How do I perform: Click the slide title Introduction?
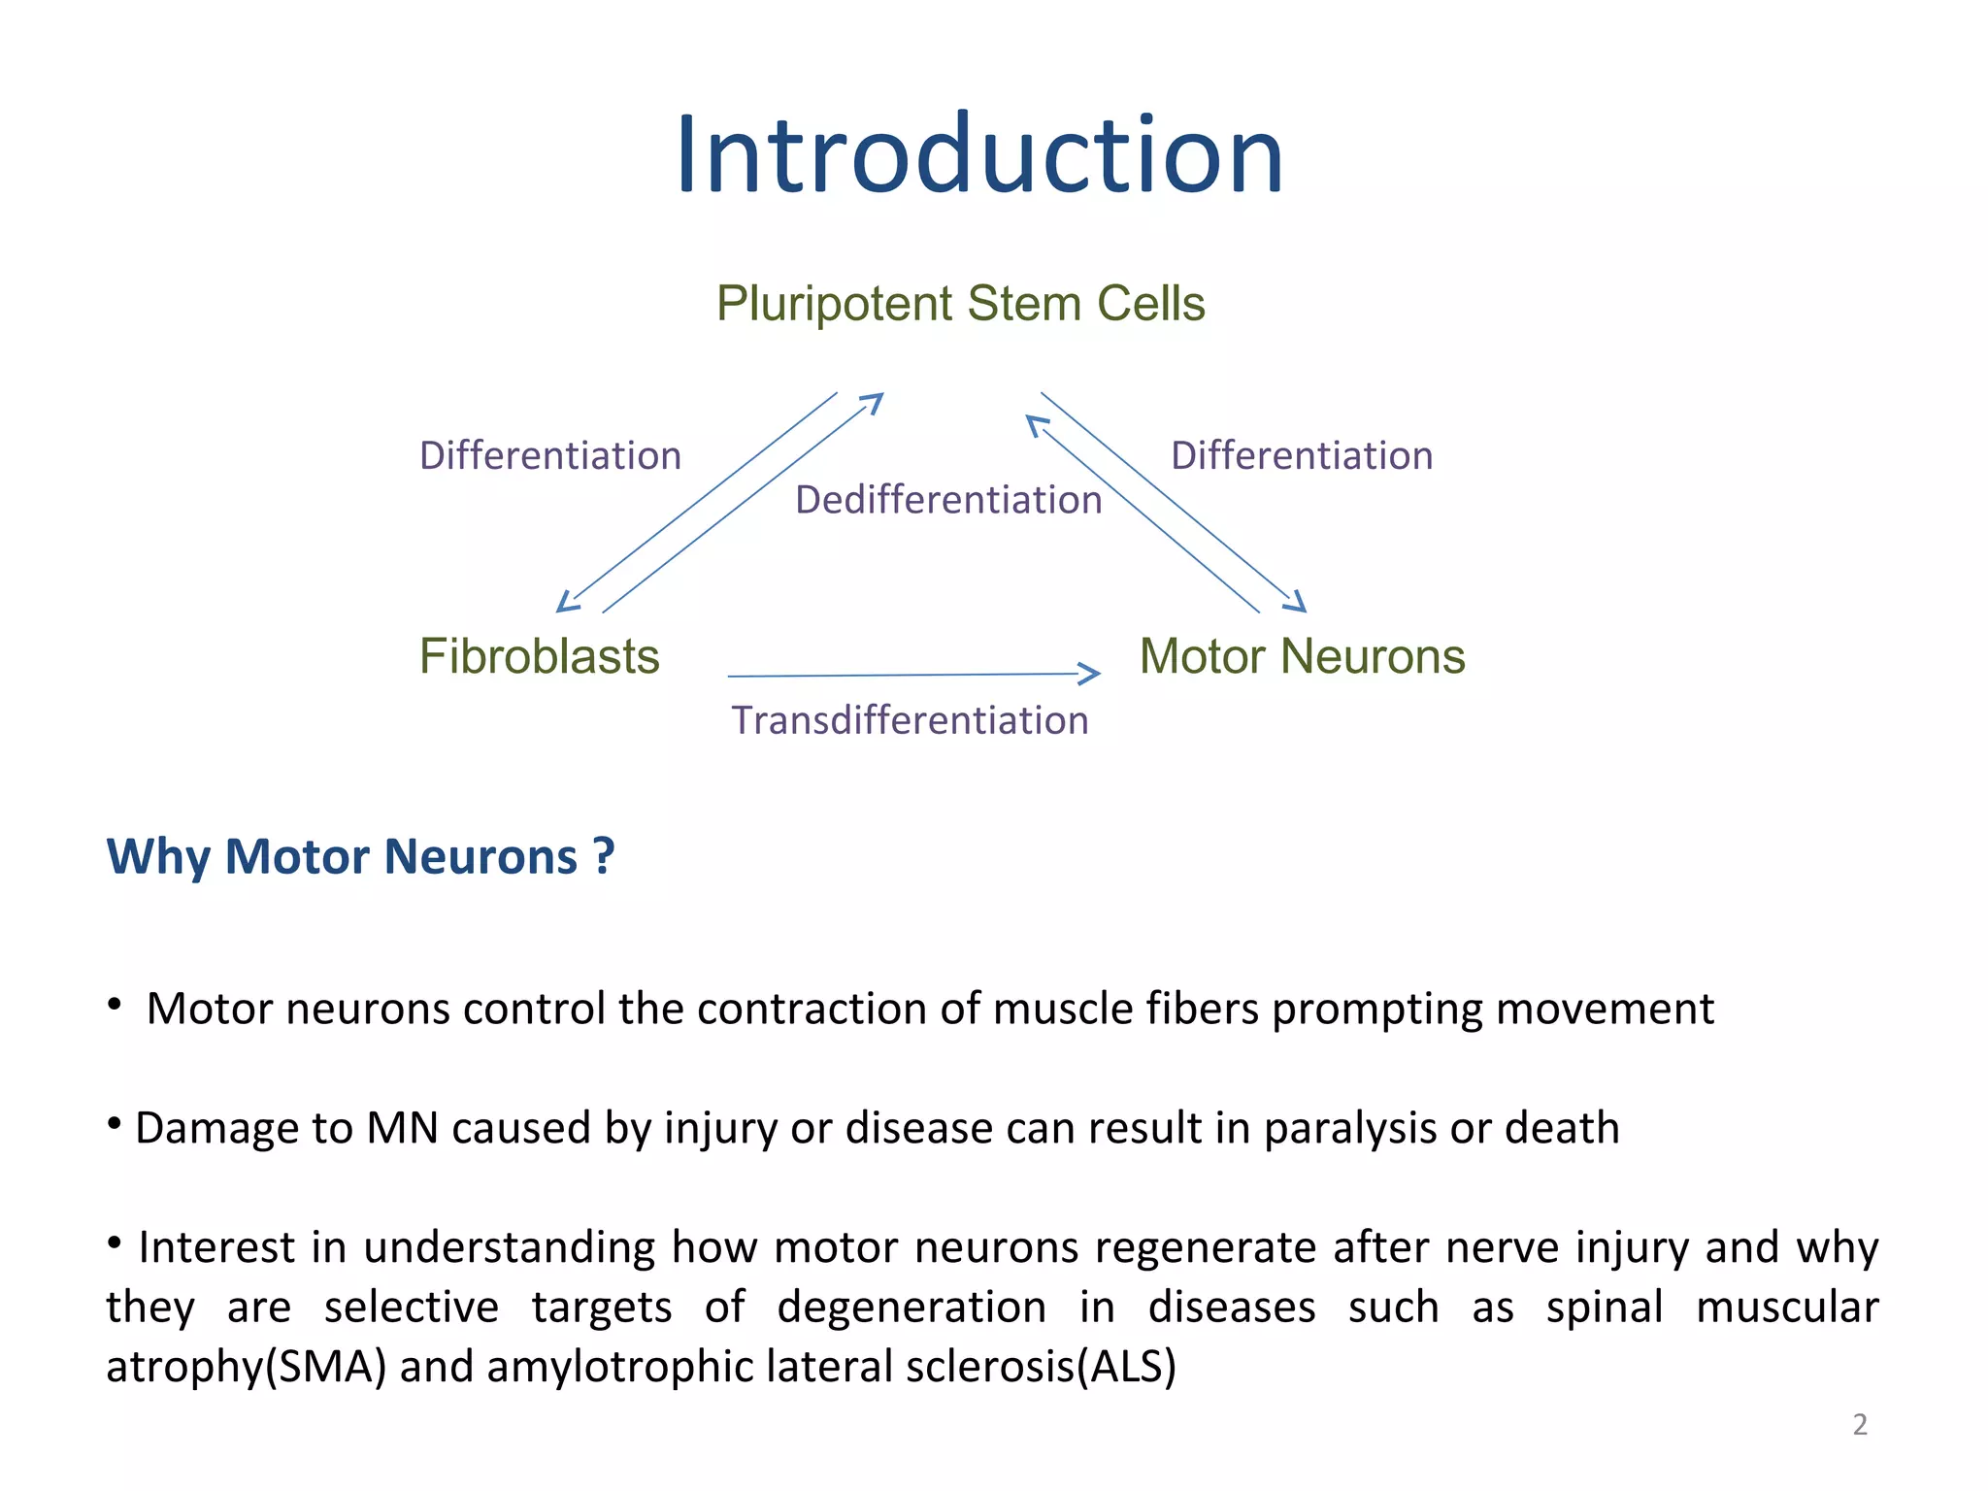click(x=979, y=155)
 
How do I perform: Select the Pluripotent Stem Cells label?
click(x=960, y=304)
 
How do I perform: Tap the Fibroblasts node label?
click(x=539, y=656)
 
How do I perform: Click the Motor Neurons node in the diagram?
click(x=1302, y=656)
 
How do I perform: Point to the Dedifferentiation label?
click(x=948, y=501)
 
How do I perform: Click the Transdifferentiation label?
click(x=910, y=721)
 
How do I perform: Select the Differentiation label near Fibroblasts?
click(x=550, y=456)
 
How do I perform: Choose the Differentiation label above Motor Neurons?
click(x=1302, y=456)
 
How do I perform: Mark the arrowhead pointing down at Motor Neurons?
click(x=1297, y=603)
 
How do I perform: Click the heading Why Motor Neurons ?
click(x=360, y=857)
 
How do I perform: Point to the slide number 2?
click(x=1860, y=1425)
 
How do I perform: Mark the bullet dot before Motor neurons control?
click(x=115, y=1004)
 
